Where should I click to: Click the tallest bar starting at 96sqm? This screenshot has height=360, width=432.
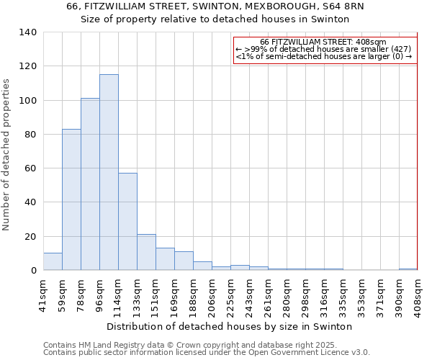[x=109, y=173]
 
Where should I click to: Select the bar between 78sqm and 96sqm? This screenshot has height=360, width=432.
[x=90, y=184]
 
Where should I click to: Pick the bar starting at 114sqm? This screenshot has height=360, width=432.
[x=127, y=222]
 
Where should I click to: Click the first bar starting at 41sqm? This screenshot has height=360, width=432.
[x=53, y=262]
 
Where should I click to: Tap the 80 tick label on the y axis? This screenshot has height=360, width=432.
[x=30, y=135]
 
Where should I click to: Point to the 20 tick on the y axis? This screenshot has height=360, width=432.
[x=30, y=237]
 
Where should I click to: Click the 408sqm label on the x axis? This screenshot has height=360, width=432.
[x=418, y=296]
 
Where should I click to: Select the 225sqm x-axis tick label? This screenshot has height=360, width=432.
[x=231, y=296]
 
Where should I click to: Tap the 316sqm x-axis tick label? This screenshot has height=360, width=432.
[x=325, y=296]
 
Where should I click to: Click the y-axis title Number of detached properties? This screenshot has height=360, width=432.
[x=7, y=154]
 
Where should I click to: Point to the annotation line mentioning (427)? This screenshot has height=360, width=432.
[x=323, y=49]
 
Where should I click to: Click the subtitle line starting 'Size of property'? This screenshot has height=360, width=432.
[x=216, y=19]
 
